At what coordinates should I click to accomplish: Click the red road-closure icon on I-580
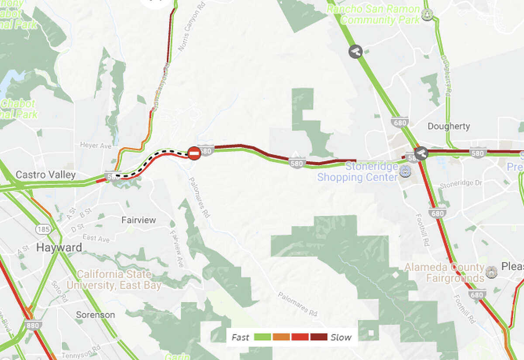(x=194, y=153)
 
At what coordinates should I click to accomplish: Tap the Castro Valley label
(x=45, y=175)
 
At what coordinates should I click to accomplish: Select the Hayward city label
(x=59, y=248)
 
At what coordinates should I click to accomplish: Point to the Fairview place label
(x=138, y=220)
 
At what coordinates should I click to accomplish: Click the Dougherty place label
(x=449, y=127)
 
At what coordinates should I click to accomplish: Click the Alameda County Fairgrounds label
(x=444, y=272)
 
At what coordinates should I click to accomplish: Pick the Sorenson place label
(x=95, y=315)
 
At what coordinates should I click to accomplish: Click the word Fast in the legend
(x=240, y=337)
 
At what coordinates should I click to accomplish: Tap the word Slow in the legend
(x=341, y=337)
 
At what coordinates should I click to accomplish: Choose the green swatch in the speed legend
(x=262, y=337)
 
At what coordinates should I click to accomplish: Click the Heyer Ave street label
(x=96, y=145)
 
